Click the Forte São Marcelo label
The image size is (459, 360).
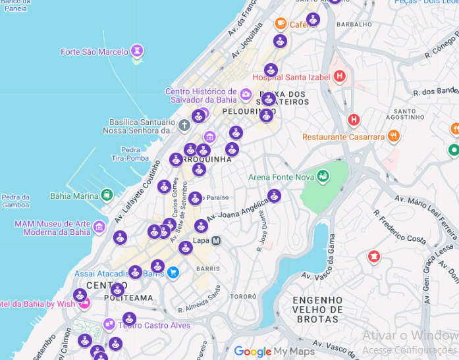[95, 52]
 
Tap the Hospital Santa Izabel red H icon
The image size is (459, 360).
[340, 77]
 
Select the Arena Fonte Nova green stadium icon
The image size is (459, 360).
[322, 176]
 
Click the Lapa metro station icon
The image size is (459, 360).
[216, 241]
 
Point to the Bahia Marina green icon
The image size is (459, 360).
[106, 195]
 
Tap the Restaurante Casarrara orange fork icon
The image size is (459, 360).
[394, 137]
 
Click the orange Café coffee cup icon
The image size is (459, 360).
[281, 24]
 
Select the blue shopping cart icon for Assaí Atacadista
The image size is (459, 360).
[173, 272]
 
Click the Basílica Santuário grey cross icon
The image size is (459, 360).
[184, 125]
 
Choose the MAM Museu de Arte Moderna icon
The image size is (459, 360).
[99, 228]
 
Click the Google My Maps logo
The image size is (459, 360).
[270, 351]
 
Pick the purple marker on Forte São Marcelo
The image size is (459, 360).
[137, 50]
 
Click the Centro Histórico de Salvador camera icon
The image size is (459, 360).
[246, 95]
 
